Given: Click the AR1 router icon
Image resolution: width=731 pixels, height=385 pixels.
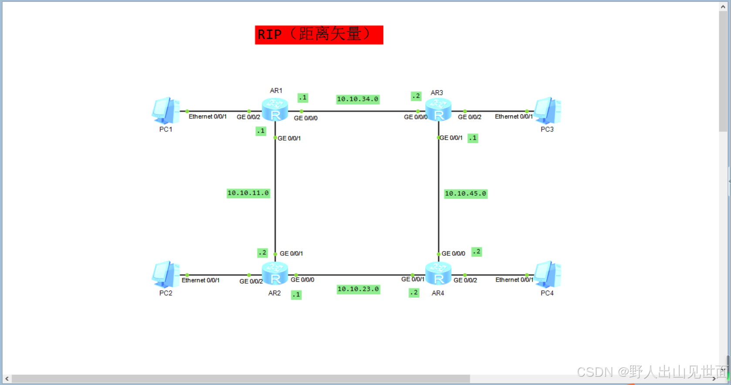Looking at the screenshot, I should coord(275,110).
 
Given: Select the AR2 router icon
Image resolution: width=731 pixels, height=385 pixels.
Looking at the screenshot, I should coord(275,273).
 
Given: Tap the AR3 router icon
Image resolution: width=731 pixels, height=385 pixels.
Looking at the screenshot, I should coord(438,110).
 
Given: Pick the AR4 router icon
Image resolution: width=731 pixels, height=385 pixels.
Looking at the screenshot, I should coord(438,273).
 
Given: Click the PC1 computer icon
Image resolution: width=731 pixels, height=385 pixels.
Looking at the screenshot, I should coord(166,111).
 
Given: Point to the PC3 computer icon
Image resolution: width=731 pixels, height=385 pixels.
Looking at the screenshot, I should coord(547,111).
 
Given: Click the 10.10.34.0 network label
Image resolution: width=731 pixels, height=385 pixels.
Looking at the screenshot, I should coord(357,99).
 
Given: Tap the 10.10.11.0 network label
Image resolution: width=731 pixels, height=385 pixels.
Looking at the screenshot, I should coord(248,193).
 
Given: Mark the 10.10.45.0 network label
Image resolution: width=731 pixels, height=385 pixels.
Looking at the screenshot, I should coord(466,193).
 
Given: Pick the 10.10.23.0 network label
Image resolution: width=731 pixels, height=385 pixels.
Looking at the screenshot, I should coord(358,289).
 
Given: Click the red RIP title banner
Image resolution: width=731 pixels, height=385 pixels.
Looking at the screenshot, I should coord(319,34).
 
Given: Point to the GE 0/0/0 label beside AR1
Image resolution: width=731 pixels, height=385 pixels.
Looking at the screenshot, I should coord(306,118).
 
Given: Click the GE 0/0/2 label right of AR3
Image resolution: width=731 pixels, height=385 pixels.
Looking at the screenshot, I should coord(469,117).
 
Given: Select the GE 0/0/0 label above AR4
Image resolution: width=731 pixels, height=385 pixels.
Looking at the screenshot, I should coord(453,253).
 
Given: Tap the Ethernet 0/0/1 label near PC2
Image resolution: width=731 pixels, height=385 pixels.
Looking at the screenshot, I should coord(201,280).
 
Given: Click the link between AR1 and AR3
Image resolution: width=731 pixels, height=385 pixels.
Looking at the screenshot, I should coord(357,111).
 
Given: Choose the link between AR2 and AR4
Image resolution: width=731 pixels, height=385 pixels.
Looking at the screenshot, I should coord(357,275).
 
